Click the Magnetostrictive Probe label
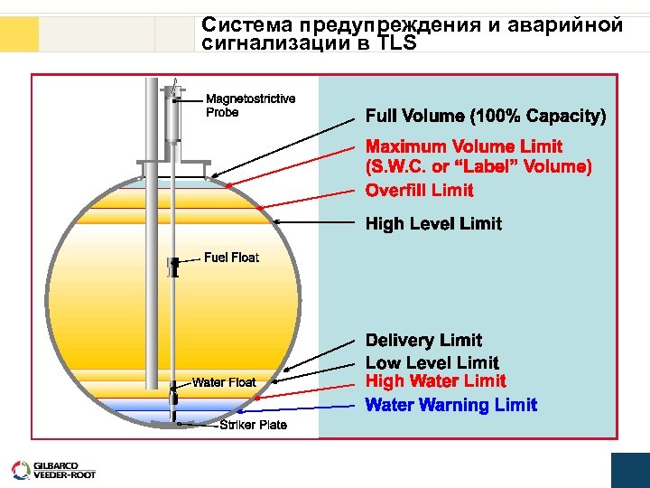[250, 106]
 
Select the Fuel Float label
[231, 258]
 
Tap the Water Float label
[224, 382]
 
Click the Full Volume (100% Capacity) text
[485, 117]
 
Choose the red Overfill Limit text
[419, 190]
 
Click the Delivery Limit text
[423, 341]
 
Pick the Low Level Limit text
[432, 363]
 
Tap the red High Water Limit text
[435, 381]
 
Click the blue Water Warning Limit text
[450, 405]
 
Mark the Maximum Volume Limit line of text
[463, 146]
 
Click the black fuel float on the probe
[172, 267]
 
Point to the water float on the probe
[172, 394]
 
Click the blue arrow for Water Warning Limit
[271, 408]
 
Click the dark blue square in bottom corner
[630, 470]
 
